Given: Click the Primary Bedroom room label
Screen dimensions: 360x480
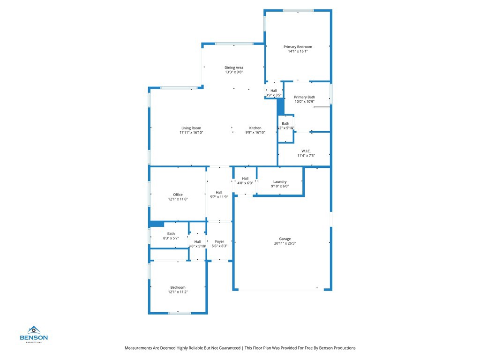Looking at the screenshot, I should [298, 47].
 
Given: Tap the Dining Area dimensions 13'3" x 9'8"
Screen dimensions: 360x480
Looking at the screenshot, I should [233, 72].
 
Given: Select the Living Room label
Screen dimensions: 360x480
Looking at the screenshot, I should [191, 128].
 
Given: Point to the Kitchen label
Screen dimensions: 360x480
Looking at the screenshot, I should [255, 128].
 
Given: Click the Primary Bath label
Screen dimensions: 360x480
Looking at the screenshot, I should [305, 97].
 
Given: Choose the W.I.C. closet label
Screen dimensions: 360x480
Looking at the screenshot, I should [306, 151].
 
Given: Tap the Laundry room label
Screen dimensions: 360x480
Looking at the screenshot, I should [280, 181].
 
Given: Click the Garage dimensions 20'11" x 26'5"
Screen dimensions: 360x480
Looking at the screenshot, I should [285, 243].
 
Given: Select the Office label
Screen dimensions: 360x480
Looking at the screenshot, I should [178, 195].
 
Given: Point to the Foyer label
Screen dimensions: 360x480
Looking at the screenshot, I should [219, 241].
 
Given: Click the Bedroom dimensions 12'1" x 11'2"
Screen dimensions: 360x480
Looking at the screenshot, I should [178, 292].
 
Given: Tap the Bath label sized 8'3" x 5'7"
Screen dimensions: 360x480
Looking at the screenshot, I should [171, 233].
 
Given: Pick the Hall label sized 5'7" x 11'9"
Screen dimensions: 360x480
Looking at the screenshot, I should [219, 192].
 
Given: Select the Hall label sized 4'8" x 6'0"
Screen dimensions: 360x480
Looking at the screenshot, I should [245, 179].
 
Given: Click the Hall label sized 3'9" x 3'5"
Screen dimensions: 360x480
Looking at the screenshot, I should [274, 90].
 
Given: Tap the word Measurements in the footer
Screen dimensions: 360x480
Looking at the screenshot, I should [138, 348].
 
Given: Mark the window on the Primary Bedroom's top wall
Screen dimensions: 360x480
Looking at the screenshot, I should [298, 10].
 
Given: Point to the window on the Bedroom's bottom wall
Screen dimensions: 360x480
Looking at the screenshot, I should [180, 313].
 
